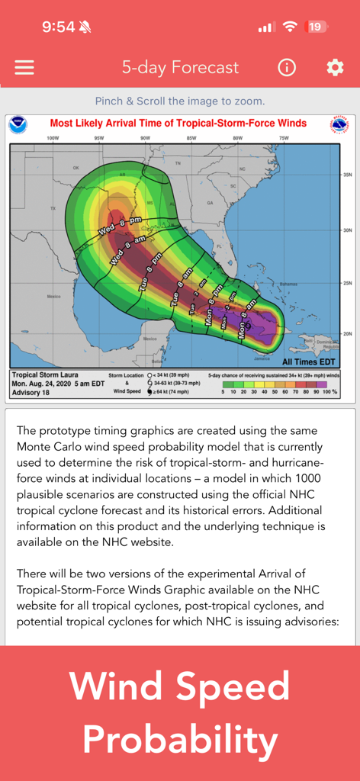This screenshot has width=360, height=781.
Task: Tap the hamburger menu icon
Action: tap(24, 67)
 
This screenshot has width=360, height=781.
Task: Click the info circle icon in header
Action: tap(287, 67)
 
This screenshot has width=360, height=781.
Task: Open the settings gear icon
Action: tap(335, 67)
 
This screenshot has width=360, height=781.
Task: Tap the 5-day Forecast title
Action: tap(180, 67)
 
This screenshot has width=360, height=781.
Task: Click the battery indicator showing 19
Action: tap(316, 27)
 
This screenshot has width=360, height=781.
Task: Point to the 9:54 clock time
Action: tap(58, 27)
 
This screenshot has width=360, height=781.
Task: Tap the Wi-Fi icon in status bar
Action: tap(290, 27)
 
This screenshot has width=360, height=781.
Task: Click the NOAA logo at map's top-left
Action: tap(18, 125)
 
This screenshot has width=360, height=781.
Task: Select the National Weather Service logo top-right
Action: tap(339, 125)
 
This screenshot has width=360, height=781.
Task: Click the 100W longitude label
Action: tap(53, 139)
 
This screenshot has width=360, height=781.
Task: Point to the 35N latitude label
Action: tap(347, 175)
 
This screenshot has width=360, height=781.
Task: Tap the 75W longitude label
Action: tap(284, 139)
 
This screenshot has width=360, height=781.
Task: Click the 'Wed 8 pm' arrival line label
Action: tap(120, 225)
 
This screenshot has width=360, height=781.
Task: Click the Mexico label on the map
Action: tap(53, 296)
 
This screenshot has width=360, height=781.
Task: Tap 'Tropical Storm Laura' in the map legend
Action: tap(45, 375)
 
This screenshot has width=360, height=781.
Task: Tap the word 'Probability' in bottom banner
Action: tap(180, 739)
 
